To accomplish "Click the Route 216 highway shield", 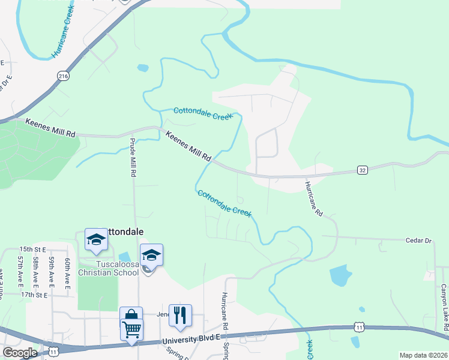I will click(x=63, y=75).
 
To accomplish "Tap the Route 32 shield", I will click(x=362, y=170).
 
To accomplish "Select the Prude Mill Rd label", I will click(x=133, y=157).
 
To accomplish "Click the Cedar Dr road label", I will click(x=420, y=240).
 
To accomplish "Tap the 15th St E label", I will click(x=32, y=248).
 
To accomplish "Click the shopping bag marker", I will click(x=131, y=315).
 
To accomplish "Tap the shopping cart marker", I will click(x=131, y=329).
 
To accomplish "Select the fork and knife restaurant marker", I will click(x=180, y=314).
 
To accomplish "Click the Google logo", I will click(x=20, y=352).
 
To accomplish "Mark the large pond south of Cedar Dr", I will click(x=340, y=275).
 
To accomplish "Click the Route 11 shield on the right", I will click(x=359, y=327).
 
